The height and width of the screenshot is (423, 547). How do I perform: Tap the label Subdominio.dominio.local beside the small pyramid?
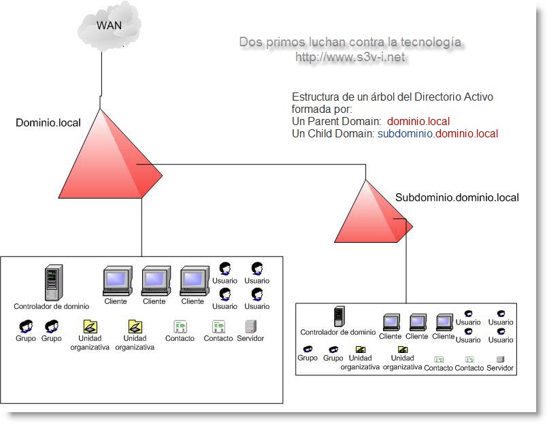click(x=457, y=198)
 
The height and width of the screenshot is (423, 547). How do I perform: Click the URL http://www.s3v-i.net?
click(x=350, y=58)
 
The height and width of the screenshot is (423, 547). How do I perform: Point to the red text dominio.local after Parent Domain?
click(x=418, y=122)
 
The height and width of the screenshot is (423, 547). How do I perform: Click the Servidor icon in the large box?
click(x=250, y=326)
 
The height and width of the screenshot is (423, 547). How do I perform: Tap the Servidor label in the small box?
click(x=500, y=368)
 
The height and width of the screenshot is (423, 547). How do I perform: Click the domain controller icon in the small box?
click(x=337, y=317)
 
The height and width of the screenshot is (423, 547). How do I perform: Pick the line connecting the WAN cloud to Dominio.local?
click(x=101, y=75)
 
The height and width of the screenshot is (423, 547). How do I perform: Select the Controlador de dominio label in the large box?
click(x=52, y=306)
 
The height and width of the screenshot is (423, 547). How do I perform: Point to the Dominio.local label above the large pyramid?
click(x=48, y=123)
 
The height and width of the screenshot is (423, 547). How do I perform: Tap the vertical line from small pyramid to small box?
click(x=406, y=265)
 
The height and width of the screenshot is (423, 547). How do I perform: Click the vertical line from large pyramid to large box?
click(x=142, y=228)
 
